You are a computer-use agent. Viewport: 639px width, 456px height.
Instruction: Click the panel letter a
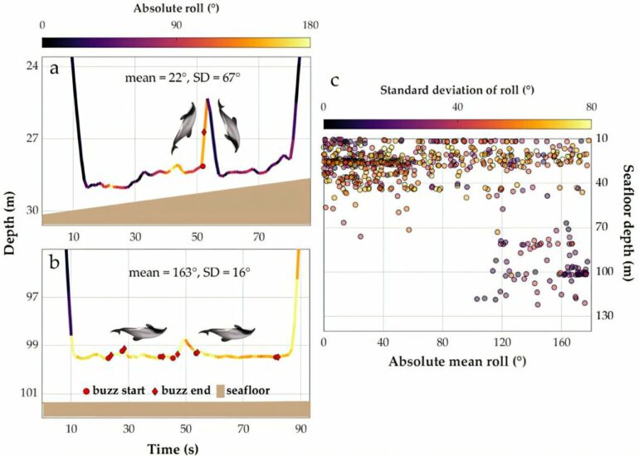click(x=54, y=70)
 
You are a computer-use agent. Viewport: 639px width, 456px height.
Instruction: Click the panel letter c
click(x=334, y=80)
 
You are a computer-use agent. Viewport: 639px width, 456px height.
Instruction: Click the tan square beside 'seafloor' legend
click(x=222, y=390)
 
